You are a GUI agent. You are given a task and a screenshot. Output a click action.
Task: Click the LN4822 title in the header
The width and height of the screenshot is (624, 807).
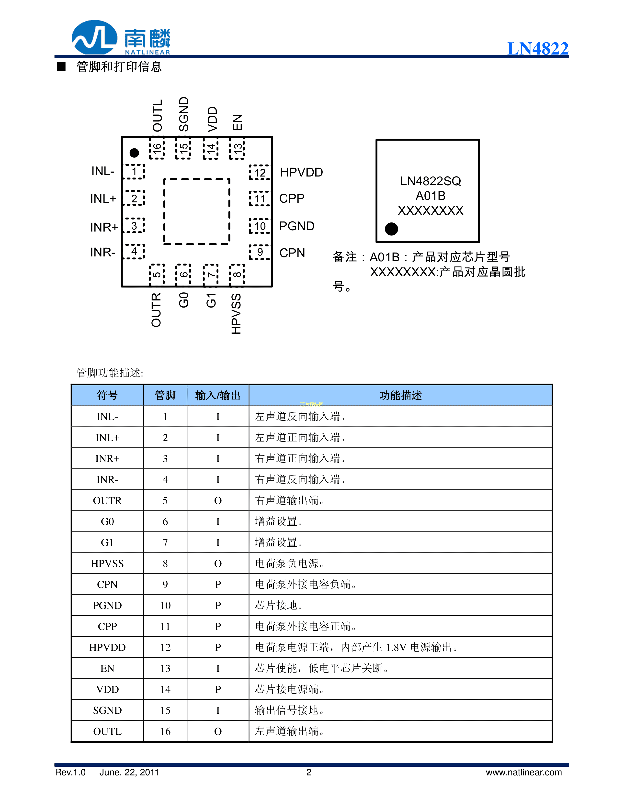click(537, 48)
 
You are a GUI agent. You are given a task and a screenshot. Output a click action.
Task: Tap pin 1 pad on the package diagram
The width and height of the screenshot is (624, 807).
click(134, 171)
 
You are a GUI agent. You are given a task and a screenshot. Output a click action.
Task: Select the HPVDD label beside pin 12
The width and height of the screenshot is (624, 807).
click(301, 172)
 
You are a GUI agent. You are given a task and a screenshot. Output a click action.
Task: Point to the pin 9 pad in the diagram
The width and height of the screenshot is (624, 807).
click(260, 252)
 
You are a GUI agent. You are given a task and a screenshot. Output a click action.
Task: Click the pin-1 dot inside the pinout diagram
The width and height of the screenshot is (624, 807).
click(134, 153)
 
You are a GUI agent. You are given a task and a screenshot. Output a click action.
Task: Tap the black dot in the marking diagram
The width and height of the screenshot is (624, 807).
click(391, 229)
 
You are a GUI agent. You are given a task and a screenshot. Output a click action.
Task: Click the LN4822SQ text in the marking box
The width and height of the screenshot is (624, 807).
click(430, 181)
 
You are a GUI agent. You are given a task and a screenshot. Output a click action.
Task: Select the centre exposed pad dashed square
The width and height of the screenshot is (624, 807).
click(197, 211)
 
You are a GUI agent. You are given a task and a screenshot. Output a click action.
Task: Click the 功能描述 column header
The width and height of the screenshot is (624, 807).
click(400, 395)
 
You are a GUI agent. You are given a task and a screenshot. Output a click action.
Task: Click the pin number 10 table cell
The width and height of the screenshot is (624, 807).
click(165, 606)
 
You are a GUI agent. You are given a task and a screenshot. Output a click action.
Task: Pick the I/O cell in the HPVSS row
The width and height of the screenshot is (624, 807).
click(218, 564)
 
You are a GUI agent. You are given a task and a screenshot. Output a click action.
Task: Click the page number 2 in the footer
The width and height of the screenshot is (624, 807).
click(309, 772)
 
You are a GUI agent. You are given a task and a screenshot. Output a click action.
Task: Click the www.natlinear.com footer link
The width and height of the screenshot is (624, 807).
click(523, 772)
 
